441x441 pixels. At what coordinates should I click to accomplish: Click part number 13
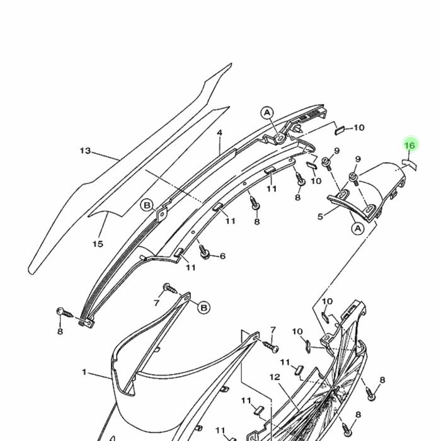click(86, 151)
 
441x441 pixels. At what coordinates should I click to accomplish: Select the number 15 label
click(98, 244)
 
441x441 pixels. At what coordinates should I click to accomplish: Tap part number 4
click(220, 133)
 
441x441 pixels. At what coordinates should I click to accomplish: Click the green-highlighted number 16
click(409, 146)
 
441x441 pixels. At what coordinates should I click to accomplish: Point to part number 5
click(320, 217)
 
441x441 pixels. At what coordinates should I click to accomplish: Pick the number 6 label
click(222, 256)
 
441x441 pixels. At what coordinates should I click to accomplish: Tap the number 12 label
click(275, 377)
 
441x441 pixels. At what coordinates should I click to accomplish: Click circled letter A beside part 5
click(357, 228)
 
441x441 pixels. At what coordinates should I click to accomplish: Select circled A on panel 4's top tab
click(268, 113)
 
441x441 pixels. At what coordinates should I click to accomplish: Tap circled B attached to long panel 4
click(146, 205)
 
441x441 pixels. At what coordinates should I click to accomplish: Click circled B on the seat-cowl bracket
click(204, 307)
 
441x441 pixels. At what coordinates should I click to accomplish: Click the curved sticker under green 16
click(409, 163)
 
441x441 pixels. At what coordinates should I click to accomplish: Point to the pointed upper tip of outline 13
click(231, 65)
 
